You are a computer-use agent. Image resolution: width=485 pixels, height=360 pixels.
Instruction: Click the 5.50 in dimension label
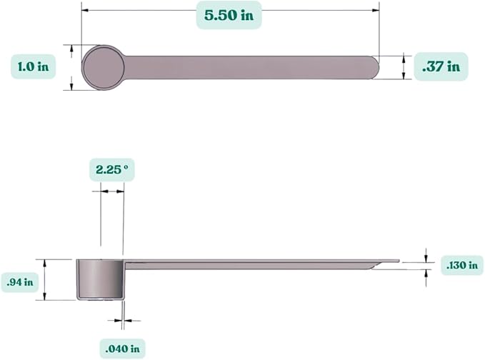click(x=229, y=14)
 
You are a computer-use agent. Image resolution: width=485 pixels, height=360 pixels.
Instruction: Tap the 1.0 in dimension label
click(x=34, y=66)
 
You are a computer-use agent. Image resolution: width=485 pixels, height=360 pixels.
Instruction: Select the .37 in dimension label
click(x=441, y=66)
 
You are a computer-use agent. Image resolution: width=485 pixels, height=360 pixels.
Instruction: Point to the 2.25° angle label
click(x=112, y=170)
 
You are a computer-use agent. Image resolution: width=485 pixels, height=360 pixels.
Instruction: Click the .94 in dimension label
click(x=21, y=281)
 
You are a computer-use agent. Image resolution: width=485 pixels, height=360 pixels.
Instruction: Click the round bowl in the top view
click(x=104, y=67)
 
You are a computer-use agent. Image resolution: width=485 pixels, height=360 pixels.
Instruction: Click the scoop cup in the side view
click(x=100, y=279)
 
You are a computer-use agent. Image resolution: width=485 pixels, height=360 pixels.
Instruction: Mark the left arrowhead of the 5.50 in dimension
click(x=84, y=10)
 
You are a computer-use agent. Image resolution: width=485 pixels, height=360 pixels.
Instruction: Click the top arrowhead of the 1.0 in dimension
click(x=72, y=47)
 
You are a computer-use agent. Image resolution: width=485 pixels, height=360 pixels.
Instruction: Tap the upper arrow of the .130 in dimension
click(x=426, y=257)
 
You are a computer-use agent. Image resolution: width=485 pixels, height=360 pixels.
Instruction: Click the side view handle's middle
click(x=257, y=264)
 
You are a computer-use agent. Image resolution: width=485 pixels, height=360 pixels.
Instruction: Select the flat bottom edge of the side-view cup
click(x=100, y=299)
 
